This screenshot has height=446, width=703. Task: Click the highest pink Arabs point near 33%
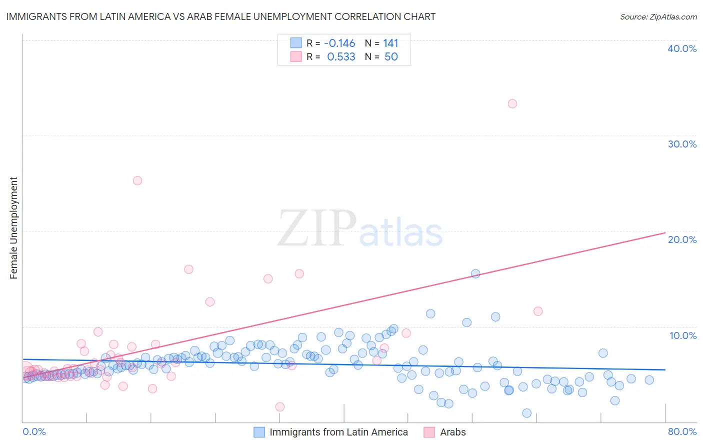512,104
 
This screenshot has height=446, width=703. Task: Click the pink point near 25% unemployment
137,180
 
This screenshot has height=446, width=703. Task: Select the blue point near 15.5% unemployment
475,273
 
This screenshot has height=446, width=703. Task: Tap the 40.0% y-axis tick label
682,48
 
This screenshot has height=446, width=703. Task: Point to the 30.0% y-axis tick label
682,144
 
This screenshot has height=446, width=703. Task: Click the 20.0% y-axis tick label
682,239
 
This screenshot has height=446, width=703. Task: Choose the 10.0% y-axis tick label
683,335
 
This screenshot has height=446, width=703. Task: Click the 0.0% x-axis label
34,431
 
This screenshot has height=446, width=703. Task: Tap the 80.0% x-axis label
682,431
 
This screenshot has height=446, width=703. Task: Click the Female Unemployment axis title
13,228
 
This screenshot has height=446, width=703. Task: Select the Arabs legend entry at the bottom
452,432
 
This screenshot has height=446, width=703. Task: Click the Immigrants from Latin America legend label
338,432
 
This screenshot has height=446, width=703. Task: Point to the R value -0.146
339,43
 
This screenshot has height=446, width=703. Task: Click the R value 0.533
341,57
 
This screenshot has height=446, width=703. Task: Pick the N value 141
390,43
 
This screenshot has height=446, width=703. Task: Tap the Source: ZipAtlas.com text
658,17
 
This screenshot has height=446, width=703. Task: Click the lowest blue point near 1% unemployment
526,413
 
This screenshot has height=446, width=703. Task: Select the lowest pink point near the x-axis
280,407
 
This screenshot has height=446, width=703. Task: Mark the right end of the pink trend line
665,232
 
